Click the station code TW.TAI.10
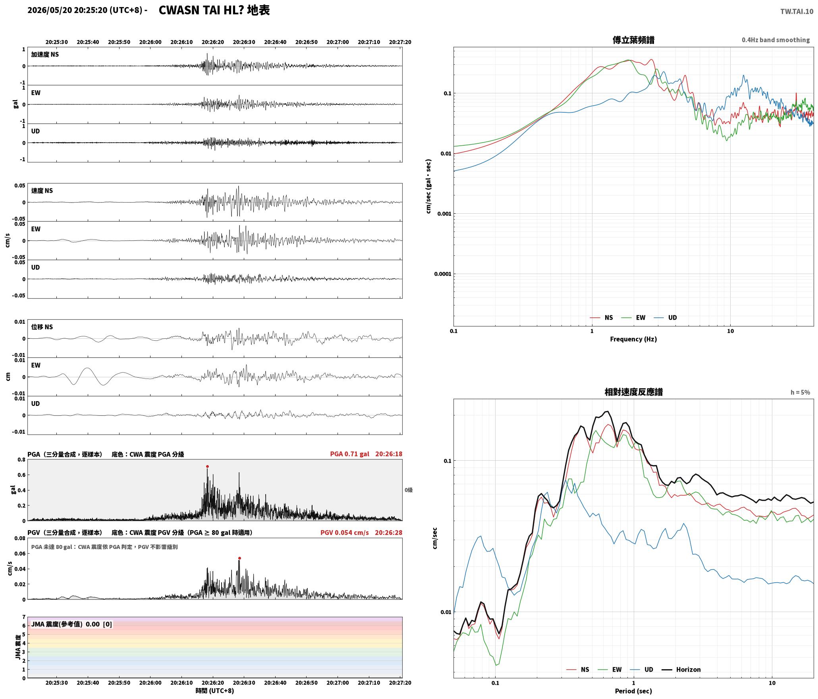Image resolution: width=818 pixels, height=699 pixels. [x=797, y=12]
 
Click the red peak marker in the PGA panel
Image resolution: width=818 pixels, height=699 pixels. [x=207, y=466]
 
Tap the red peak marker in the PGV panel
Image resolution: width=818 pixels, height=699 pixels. [x=239, y=558]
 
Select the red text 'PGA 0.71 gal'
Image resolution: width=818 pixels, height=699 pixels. [x=349, y=454]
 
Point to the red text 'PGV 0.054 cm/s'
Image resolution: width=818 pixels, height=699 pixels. [x=344, y=533]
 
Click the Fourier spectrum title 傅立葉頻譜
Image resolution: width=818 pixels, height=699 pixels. [x=633, y=40]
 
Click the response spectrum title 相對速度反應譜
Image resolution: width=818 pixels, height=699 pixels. [x=633, y=392]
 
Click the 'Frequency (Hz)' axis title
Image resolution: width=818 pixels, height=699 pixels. [x=633, y=339]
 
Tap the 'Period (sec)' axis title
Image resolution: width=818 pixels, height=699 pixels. [x=633, y=691]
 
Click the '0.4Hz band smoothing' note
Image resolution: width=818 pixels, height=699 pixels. [x=776, y=40]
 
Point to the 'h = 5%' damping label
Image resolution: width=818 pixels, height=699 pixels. [x=800, y=392]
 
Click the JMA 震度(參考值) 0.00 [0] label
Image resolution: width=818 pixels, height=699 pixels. [x=71, y=624]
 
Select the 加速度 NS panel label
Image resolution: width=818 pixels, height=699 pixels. [x=45, y=54]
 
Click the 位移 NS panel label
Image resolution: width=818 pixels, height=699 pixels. [x=42, y=327]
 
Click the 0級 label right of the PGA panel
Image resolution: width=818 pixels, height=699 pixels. [x=409, y=490]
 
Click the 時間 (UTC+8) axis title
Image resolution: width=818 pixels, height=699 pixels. [x=214, y=691]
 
